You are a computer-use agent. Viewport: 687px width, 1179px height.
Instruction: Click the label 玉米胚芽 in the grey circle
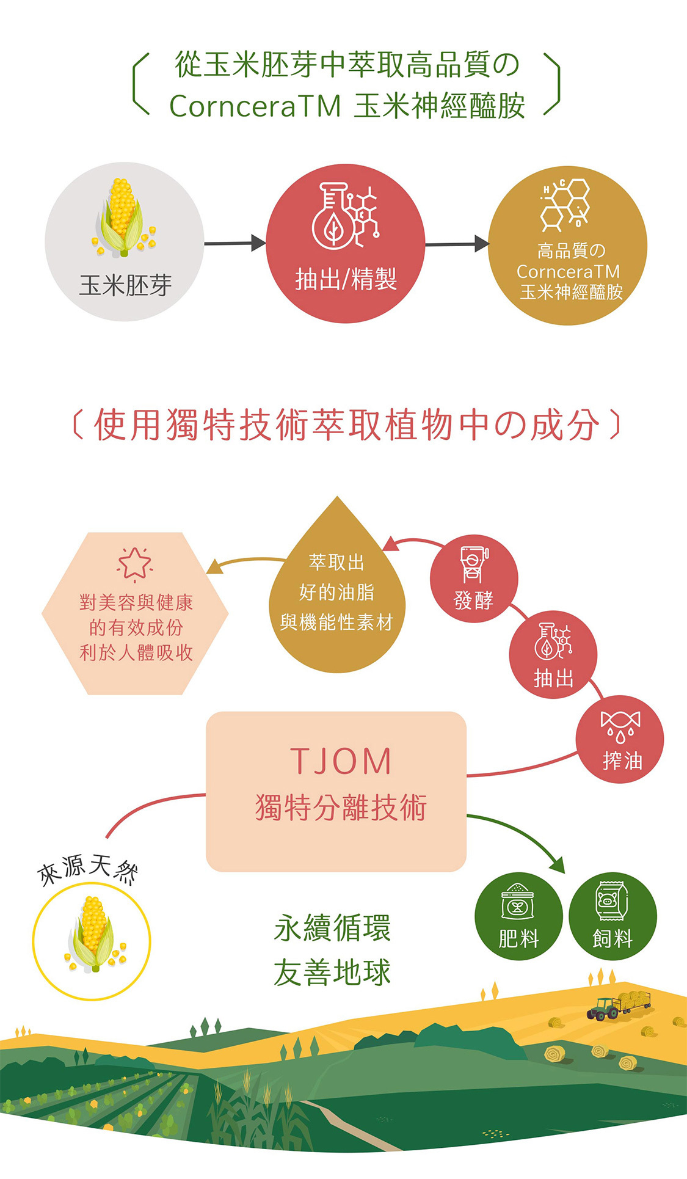click(x=125, y=285)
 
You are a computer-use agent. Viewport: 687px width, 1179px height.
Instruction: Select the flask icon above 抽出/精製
click(x=333, y=215)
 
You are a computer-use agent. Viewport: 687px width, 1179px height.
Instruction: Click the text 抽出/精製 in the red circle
click(x=346, y=279)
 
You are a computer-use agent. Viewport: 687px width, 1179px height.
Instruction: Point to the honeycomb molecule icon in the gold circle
click(x=565, y=204)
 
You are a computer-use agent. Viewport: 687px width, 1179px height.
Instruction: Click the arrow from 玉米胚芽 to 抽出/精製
click(x=235, y=243)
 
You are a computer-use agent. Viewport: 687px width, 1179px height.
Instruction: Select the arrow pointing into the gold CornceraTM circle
click(x=457, y=244)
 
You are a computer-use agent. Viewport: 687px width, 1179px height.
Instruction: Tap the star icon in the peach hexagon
click(x=135, y=563)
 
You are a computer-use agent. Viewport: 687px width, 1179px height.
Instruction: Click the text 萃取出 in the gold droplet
click(x=336, y=562)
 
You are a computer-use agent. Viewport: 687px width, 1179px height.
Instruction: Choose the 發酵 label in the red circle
click(x=474, y=600)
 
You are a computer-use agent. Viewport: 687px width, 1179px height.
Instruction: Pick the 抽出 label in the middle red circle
click(x=553, y=677)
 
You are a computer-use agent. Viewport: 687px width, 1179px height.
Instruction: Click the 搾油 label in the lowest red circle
click(x=622, y=761)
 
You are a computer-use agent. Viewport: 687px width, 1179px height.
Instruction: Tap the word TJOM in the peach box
click(x=341, y=761)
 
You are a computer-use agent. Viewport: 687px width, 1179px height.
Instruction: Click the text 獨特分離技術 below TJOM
click(x=341, y=807)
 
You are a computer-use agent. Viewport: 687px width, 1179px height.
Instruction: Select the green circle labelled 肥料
click(x=518, y=916)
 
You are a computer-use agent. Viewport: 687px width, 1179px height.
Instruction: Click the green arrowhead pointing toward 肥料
click(x=556, y=865)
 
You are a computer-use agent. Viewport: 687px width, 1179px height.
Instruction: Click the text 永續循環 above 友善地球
click(x=332, y=928)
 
